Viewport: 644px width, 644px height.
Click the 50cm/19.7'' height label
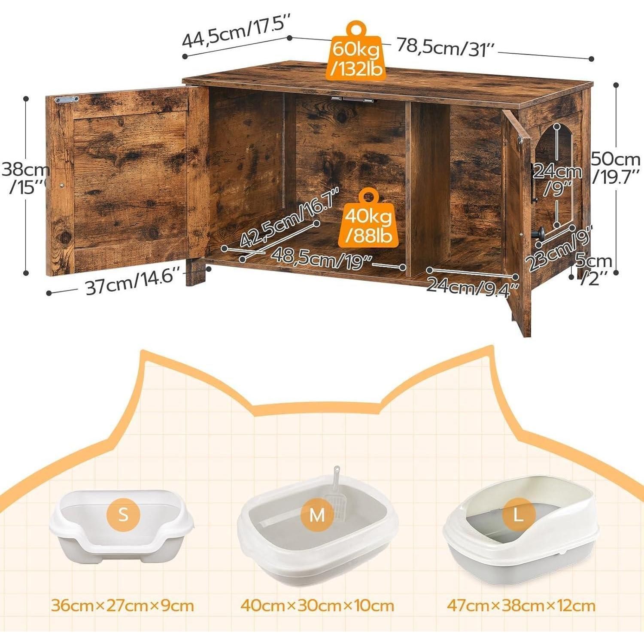coord(617,168)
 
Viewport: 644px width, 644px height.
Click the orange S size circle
coord(123,514)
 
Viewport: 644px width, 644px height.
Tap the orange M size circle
coord(317,515)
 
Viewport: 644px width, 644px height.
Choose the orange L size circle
coord(519,515)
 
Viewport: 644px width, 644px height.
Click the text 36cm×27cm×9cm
coord(122,606)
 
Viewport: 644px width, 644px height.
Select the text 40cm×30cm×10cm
coord(317,606)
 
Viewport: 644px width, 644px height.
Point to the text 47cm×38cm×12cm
coord(521,606)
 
